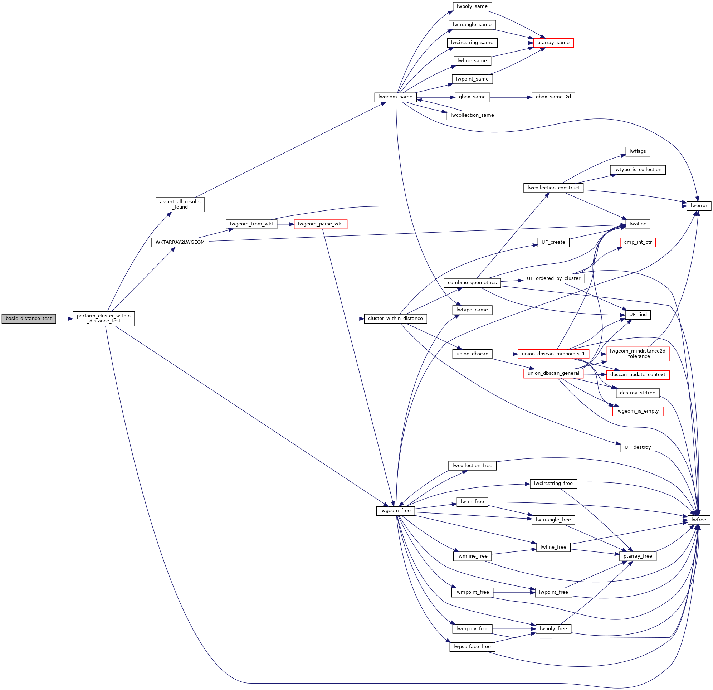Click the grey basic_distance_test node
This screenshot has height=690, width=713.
[x=29, y=319]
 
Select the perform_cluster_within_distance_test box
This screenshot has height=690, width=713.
[x=104, y=319]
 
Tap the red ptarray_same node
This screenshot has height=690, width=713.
[x=553, y=43]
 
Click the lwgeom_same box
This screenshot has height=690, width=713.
[x=395, y=97]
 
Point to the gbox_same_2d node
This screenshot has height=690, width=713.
[x=553, y=97]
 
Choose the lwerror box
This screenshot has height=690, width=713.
[x=698, y=206]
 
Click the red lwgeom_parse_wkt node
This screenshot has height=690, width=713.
[x=320, y=224]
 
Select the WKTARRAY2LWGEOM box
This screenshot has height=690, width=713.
[x=180, y=242]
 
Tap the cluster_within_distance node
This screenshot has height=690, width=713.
[x=395, y=319]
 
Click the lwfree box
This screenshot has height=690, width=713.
[x=698, y=520]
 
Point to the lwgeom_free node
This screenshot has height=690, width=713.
[x=395, y=511]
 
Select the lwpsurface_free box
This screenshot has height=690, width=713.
[x=472, y=647]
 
